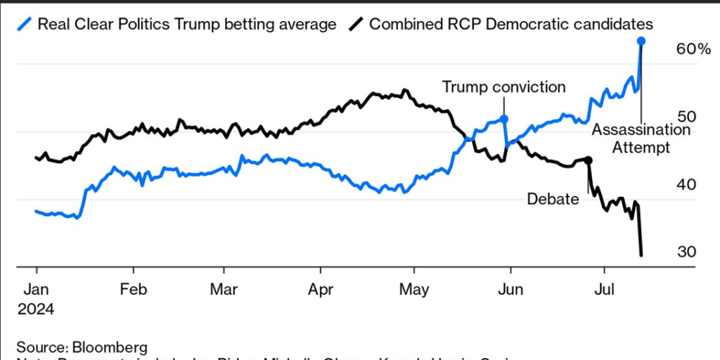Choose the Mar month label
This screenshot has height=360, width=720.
[224, 288]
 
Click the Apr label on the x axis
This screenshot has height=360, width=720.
[321, 288]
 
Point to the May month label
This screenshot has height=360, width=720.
[415, 288]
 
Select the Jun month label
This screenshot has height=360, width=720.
[509, 288]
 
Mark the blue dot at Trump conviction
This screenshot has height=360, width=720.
[505, 119]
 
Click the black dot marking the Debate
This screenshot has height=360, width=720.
[589, 160]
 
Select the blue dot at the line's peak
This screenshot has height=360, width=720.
[641, 41]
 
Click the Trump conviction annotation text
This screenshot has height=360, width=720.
[503, 86]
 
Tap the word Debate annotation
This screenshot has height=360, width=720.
[553, 199]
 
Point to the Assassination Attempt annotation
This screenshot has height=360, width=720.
[641, 138]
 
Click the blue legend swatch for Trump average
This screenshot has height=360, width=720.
[25, 24]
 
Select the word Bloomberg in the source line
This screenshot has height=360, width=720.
[108, 347]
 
